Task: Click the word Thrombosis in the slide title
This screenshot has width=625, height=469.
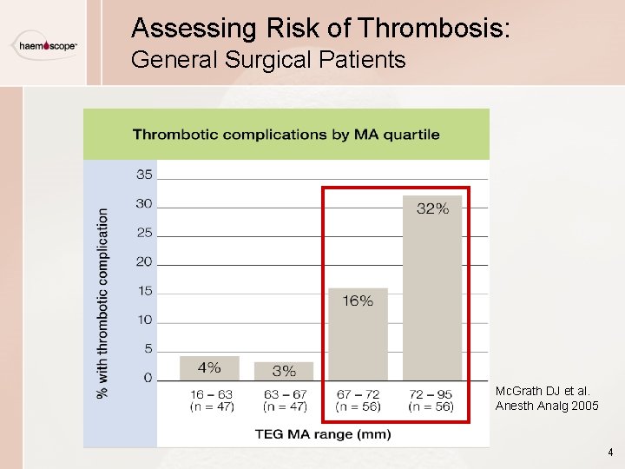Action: point(435,29)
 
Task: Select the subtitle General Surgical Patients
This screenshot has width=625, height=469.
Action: point(268,60)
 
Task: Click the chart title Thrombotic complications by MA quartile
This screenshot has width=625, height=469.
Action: point(286,135)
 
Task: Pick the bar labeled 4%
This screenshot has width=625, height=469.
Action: point(209,368)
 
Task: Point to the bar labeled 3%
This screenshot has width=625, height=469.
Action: point(284,371)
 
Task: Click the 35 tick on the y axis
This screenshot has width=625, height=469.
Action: point(143,175)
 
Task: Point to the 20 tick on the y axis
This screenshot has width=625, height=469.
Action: point(143,262)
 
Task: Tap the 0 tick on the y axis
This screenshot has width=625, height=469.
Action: point(147,379)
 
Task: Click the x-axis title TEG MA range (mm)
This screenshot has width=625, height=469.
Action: point(322,433)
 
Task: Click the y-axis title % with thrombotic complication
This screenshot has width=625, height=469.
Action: point(103,302)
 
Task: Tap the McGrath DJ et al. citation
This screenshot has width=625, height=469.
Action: point(546,399)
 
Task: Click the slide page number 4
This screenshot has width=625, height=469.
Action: point(610,452)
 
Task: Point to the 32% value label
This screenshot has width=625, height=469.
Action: point(432,208)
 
